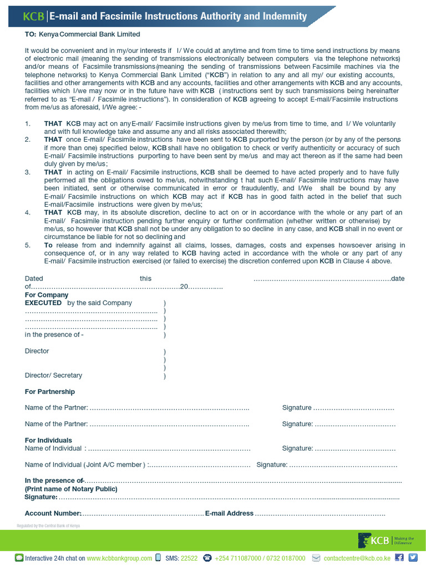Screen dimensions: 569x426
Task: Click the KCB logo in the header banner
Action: (x=33, y=17)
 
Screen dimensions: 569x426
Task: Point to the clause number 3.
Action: (x=28, y=172)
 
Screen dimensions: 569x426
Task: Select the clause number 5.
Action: (x=28, y=245)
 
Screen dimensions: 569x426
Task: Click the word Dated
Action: (x=34, y=278)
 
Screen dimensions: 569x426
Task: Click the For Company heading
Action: (x=45, y=295)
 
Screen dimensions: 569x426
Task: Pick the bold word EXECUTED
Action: (x=43, y=303)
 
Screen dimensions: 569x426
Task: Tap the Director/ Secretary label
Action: (x=53, y=375)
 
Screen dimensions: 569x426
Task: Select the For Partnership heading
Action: (x=50, y=392)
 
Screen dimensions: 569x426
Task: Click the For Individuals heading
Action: (x=48, y=440)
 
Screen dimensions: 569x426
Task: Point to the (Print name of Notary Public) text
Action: (x=71, y=489)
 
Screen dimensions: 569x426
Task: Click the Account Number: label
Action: (x=53, y=513)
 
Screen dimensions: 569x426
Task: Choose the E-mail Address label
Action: (x=229, y=513)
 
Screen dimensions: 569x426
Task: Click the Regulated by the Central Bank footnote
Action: (x=48, y=526)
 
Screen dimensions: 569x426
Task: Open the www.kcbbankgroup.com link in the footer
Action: (x=119, y=558)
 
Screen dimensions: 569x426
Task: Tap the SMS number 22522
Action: (x=189, y=558)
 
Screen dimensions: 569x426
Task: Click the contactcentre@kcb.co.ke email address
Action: (x=357, y=558)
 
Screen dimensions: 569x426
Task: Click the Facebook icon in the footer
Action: (x=399, y=557)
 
